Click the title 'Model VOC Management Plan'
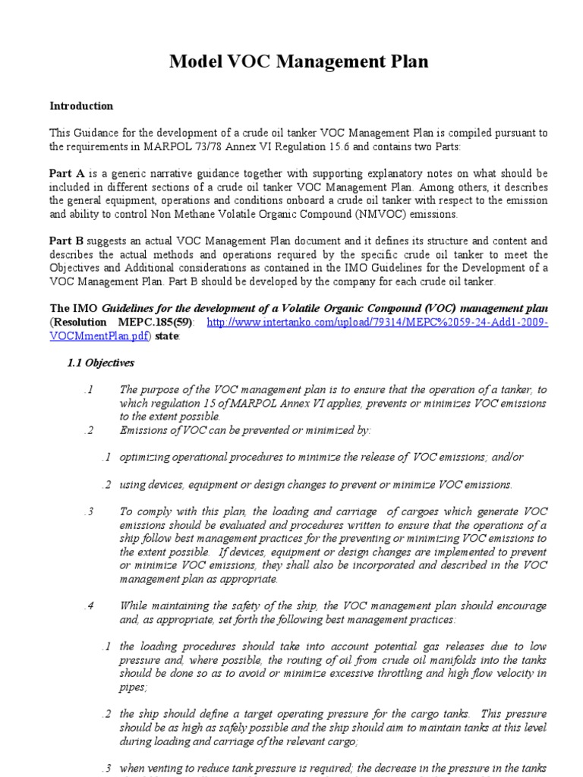[x=298, y=61]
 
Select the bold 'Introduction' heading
[x=81, y=106]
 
